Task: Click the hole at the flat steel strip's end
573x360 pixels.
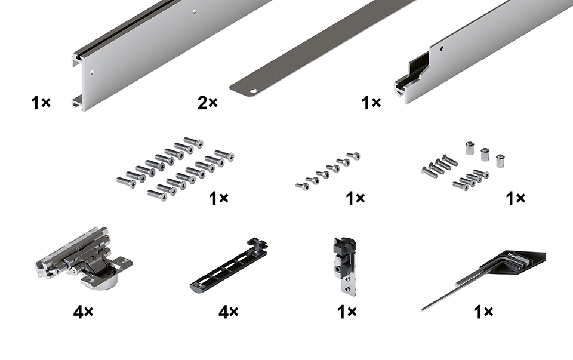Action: pos(252,90)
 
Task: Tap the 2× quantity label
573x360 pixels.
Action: pos(207,103)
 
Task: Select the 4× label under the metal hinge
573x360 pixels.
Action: pos(83,312)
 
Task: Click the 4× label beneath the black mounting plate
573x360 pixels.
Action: pos(229,312)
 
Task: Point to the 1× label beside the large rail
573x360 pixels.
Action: pos(41,103)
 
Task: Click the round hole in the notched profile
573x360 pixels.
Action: pos(442,48)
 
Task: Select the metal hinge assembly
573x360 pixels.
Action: pos(84,257)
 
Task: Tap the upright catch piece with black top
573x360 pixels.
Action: pos(344,264)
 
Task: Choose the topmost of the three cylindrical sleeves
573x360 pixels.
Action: pos(470,148)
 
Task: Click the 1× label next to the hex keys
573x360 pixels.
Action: pos(483,312)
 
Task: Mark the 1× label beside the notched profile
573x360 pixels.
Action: pos(371,103)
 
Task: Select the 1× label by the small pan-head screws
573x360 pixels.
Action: pos(355,198)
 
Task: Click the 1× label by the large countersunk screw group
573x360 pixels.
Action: pos(218,198)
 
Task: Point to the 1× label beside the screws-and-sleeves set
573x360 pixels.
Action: pos(515,198)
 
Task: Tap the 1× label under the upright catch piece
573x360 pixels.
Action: pos(346,312)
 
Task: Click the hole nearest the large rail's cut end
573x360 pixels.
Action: pos(92,72)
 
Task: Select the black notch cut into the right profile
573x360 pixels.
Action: pos(412,77)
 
